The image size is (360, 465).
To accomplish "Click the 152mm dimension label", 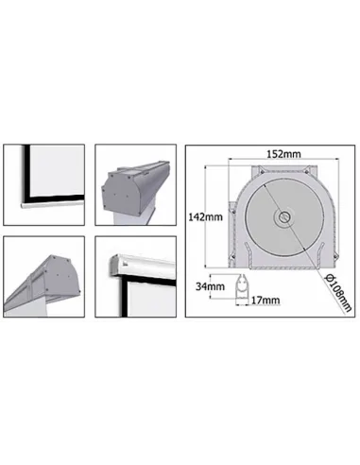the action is [x=283, y=154].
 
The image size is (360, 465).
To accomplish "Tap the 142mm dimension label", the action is [x=205, y=216].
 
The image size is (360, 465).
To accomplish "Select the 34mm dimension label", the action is [x=210, y=286].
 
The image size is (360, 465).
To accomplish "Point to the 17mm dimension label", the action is [x=266, y=301].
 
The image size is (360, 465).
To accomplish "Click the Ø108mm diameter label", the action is [x=338, y=293].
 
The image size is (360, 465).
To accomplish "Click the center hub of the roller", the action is [x=284, y=216].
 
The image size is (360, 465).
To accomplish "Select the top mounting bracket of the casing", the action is [x=283, y=171].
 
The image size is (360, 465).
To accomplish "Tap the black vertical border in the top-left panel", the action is [x=26, y=172].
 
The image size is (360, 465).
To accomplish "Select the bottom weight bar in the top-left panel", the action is [x=52, y=203].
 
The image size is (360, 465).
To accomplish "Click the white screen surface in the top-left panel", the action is [x=57, y=170].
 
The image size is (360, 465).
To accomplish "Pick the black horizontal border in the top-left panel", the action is [x=54, y=198].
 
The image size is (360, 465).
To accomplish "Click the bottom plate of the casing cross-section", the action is [x=283, y=267].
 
